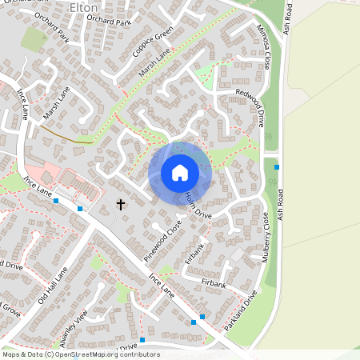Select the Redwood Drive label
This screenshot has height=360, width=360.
tap(250, 108)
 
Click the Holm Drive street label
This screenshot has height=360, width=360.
tap(198, 206)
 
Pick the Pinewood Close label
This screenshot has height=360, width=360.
tap(163, 239)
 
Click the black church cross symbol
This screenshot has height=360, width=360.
tap(121, 205)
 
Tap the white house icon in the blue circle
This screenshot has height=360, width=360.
tap(180, 173)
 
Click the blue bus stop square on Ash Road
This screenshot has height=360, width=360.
tap(277, 166)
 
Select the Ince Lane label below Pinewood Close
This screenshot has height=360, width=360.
tap(162, 285)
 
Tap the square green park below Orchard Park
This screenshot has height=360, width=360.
tap(34, 38)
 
